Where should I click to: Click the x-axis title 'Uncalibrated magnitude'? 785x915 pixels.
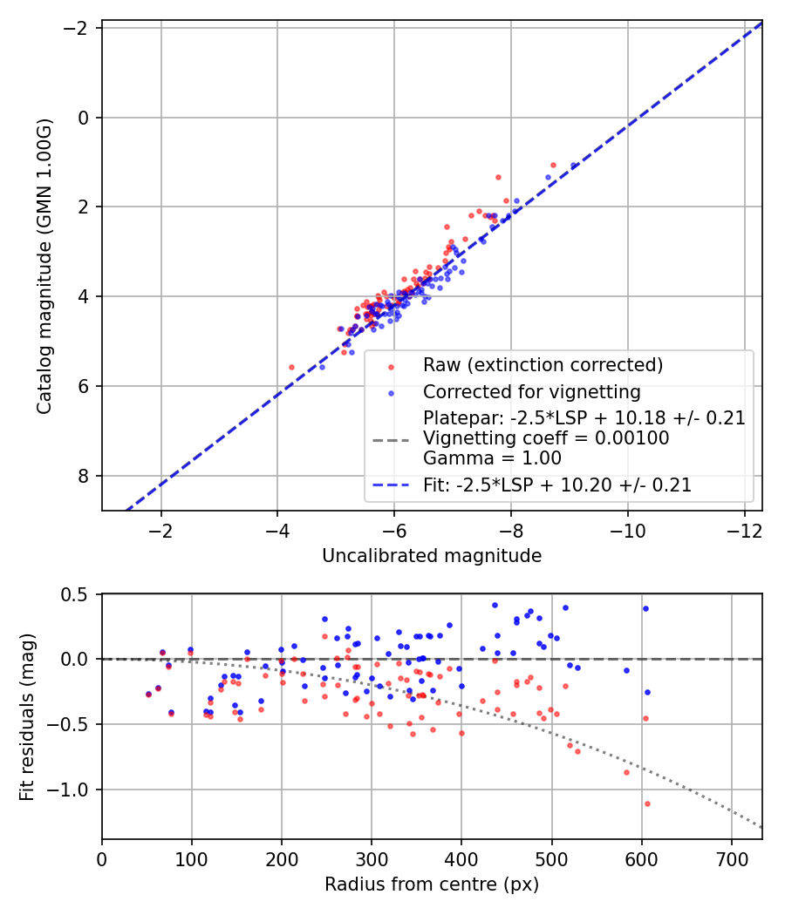pos(432,556)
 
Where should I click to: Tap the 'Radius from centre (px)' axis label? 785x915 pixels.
pos(432,884)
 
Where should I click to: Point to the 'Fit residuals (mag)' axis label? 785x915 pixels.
pos(26,716)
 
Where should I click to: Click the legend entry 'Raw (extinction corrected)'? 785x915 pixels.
pos(543,364)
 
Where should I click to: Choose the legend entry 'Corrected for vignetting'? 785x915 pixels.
pos(532,391)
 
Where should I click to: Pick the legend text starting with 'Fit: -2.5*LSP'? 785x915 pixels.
pos(557,485)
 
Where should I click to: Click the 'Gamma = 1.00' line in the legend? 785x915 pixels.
pos(492,457)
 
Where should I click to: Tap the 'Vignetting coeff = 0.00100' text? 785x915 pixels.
pos(546,438)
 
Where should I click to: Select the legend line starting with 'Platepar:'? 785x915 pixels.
pos(584,418)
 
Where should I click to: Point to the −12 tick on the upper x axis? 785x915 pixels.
pos(744,530)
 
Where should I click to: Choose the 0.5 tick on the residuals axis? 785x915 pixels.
pos(78,594)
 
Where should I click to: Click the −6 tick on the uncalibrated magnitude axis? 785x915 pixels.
pos(394,530)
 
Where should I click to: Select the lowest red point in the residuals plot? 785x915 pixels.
pos(647,803)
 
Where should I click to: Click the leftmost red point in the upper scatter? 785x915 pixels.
pos(291,367)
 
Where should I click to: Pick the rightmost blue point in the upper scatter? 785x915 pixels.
pos(573,165)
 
